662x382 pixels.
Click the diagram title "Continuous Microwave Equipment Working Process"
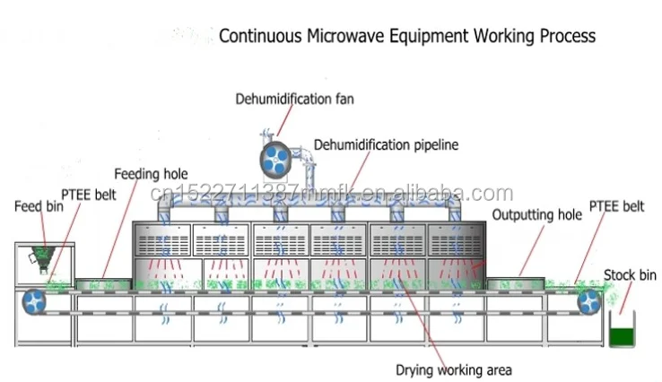[408, 37]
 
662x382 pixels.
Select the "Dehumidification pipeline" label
[386, 144]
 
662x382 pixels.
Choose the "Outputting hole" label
[537, 214]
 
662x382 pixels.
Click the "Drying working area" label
[454, 369]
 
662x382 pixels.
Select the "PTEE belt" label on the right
[616, 206]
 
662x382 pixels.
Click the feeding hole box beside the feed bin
[103, 284]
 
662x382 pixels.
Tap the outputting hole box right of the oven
[517, 284]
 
